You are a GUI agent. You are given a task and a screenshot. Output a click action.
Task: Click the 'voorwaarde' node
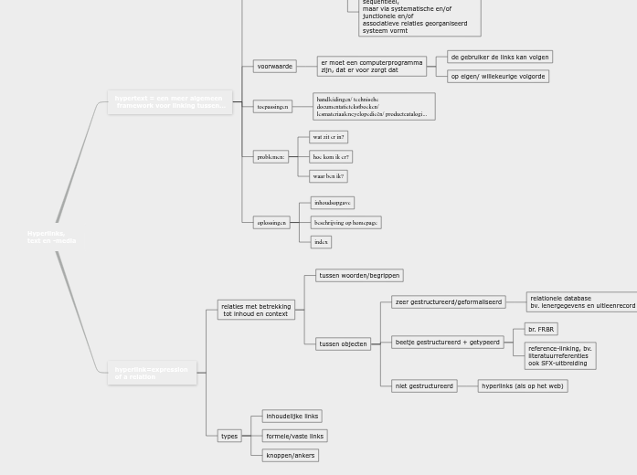(x=274, y=67)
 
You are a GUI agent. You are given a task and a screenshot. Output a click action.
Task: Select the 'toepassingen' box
(x=272, y=107)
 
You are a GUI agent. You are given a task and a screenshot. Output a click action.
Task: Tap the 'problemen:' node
(x=271, y=157)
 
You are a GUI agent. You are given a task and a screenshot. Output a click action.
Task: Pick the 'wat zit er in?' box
(x=328, y=137)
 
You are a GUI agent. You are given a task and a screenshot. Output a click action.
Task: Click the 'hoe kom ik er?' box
(x=330, y=157)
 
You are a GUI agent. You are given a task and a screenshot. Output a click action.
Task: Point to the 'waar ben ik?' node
(x=328, y=176)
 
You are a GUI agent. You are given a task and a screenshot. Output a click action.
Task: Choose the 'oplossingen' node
(x=271, y=222)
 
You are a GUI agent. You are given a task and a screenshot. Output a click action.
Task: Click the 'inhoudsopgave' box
(x=332, y=203)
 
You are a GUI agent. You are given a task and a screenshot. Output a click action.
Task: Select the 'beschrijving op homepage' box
(x=345, y=222)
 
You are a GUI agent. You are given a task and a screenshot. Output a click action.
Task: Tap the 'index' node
(x=320, y=242)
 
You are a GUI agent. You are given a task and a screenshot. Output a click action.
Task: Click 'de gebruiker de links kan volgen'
(x=500, y=57)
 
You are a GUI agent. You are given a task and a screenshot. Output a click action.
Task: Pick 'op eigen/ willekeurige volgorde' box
(x=498, y=77)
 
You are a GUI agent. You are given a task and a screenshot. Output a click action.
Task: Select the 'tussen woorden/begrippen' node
(x=359, y=275)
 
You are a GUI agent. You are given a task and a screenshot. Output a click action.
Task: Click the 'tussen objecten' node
(x=343, y=344)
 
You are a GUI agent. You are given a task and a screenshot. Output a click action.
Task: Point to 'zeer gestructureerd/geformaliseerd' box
(x=448, y=301)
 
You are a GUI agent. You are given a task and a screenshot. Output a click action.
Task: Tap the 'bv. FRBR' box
(x=541, y=329)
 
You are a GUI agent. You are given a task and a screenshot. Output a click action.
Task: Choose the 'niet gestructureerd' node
(x=424, y=386)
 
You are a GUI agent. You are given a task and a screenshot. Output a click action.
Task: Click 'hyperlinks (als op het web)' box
(x=522, y=386)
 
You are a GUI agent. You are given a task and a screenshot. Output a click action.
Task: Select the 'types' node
(x=229, y=436)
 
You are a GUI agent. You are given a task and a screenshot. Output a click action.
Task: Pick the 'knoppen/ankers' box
(x=290, y=455)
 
